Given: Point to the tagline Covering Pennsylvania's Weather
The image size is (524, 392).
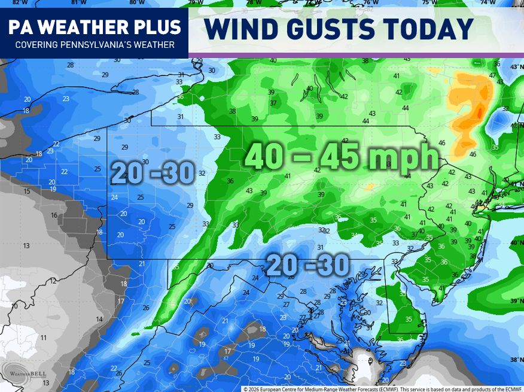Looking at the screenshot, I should click(x=95, y=45).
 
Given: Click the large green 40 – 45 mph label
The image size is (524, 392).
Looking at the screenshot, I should click(x=342, y=158).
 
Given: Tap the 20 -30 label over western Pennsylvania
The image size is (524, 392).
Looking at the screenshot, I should click(x=153, y=174).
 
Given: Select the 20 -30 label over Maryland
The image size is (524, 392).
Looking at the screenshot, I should click(x=309, y=266).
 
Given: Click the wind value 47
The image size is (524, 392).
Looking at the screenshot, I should click(x=492, y=75).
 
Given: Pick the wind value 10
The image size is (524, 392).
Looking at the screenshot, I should click(x=14, y=306).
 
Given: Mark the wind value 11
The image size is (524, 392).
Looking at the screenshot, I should click(x=43, y=338).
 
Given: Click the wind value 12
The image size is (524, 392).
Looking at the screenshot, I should click(x=53, y=281).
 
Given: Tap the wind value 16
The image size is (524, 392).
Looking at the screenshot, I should click(x=54, y=215).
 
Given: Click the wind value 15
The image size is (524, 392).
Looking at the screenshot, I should click(x=27, y=192).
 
